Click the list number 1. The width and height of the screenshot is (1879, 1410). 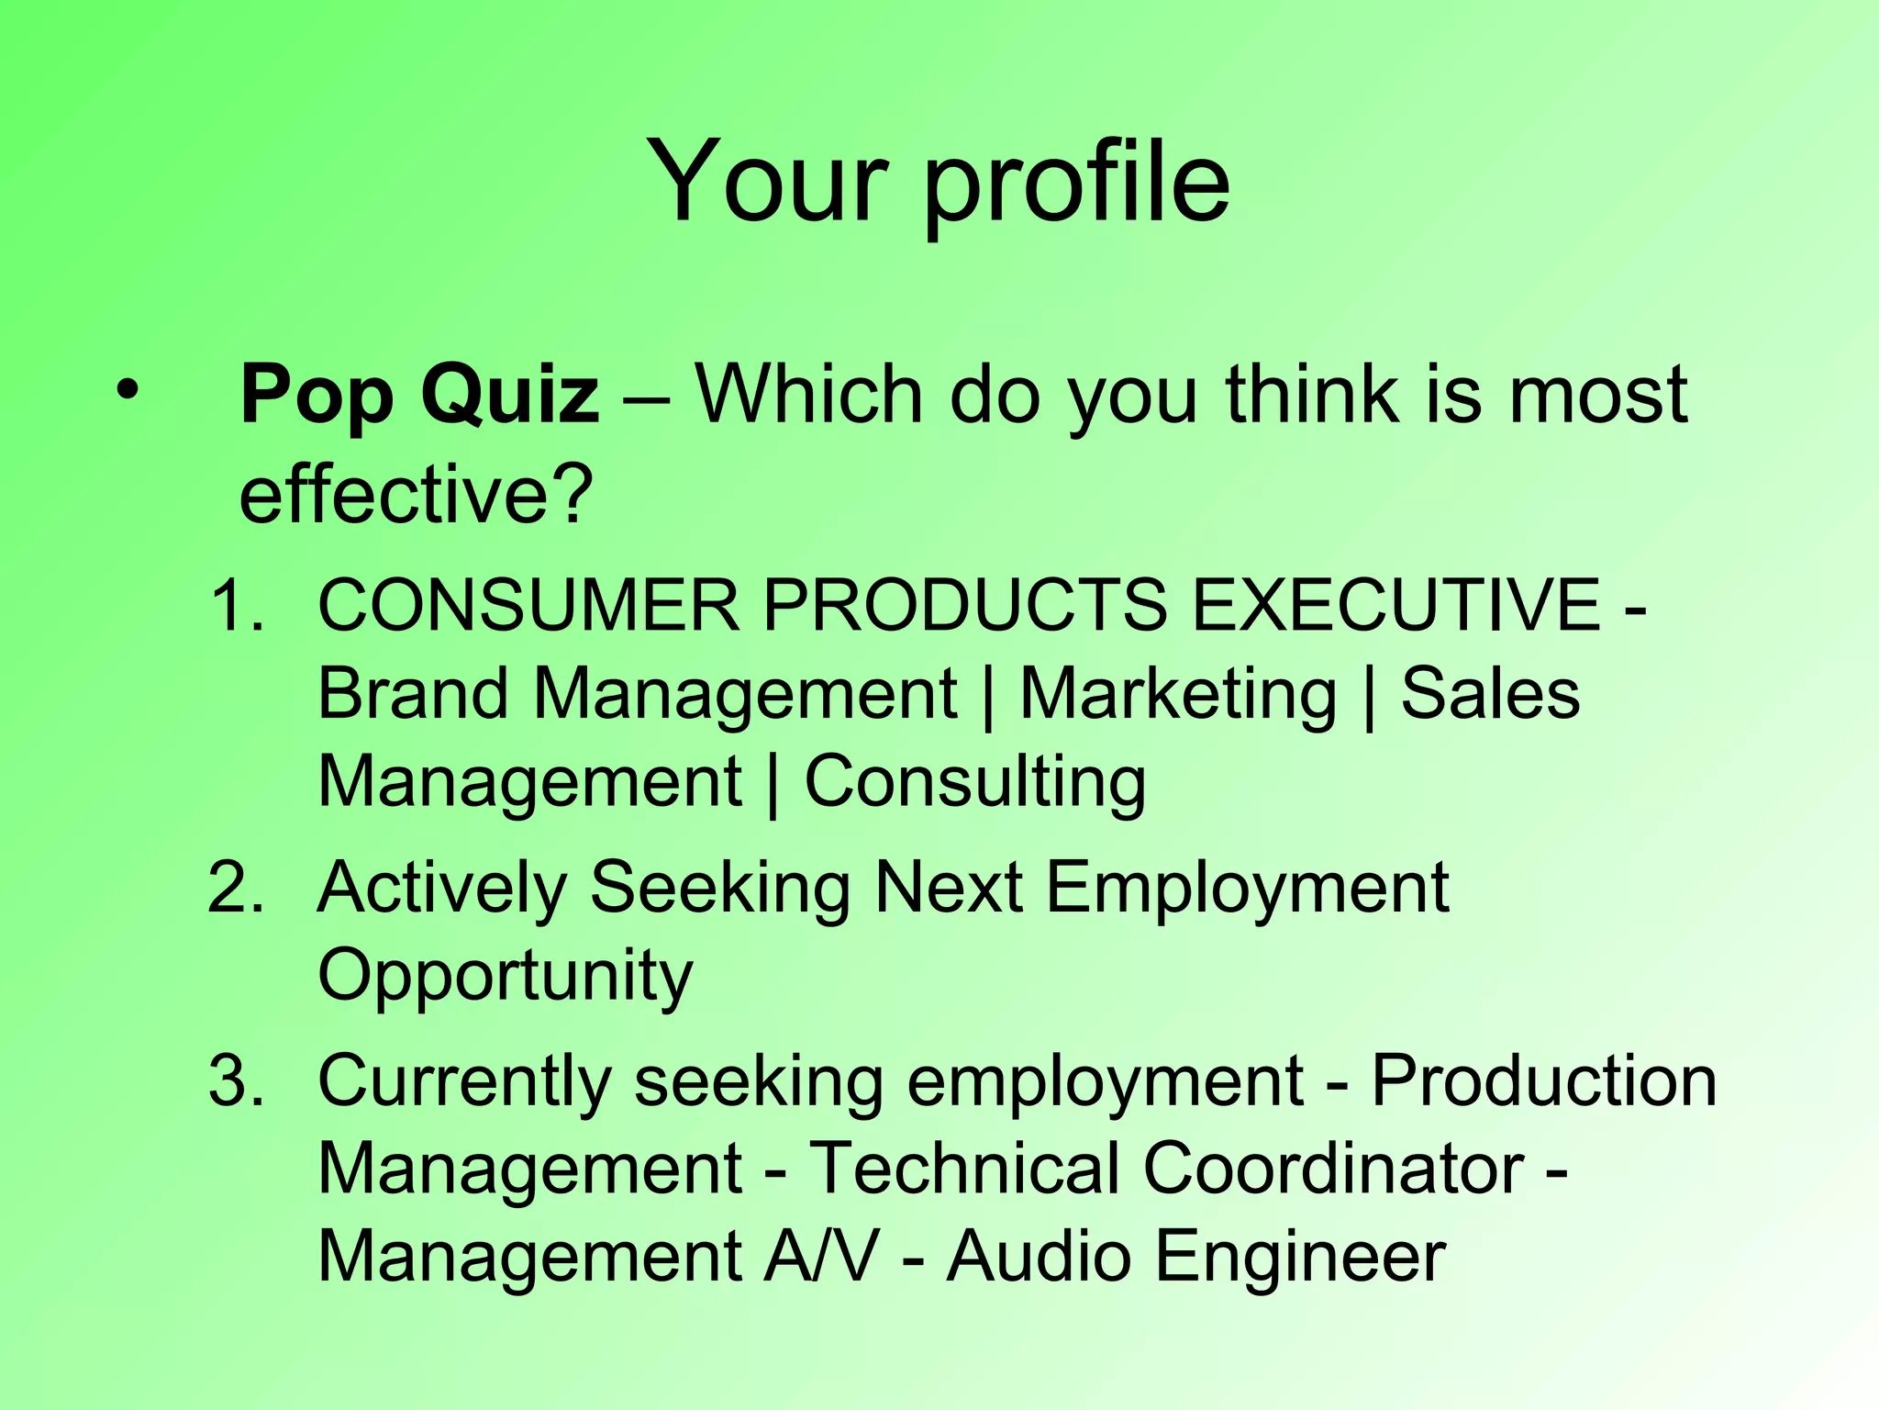(x=236, y=605)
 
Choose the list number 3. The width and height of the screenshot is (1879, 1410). (x=236, y=1080)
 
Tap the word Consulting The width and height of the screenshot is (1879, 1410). (x=974, y=782)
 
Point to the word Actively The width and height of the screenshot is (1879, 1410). (x=442, y=889)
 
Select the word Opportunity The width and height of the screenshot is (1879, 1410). (x=505, y=977)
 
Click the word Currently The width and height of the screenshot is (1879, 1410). (x=464, y=1081)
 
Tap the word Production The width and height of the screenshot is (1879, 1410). (x=1543, y=1080)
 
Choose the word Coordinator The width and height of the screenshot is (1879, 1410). (x=1333, y=1169)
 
